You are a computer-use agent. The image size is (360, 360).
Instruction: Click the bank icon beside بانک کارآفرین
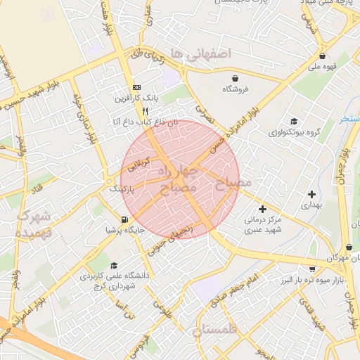[x=136, y=88]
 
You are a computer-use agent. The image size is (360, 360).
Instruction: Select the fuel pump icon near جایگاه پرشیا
[x=124, y=219]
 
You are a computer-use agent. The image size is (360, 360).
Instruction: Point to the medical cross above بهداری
[x=311, y=193]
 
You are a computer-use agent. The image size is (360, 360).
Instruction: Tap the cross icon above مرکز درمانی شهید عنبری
[x=262, y=209]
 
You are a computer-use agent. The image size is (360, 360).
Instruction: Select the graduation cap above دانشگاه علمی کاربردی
[x=115, y=266]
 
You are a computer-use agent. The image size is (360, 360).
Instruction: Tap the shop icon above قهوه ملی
[x=322, y=56]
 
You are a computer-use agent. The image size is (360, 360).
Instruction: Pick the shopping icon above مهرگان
[x=349, y=247]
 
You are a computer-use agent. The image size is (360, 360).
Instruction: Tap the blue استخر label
[x=350, y=119]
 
